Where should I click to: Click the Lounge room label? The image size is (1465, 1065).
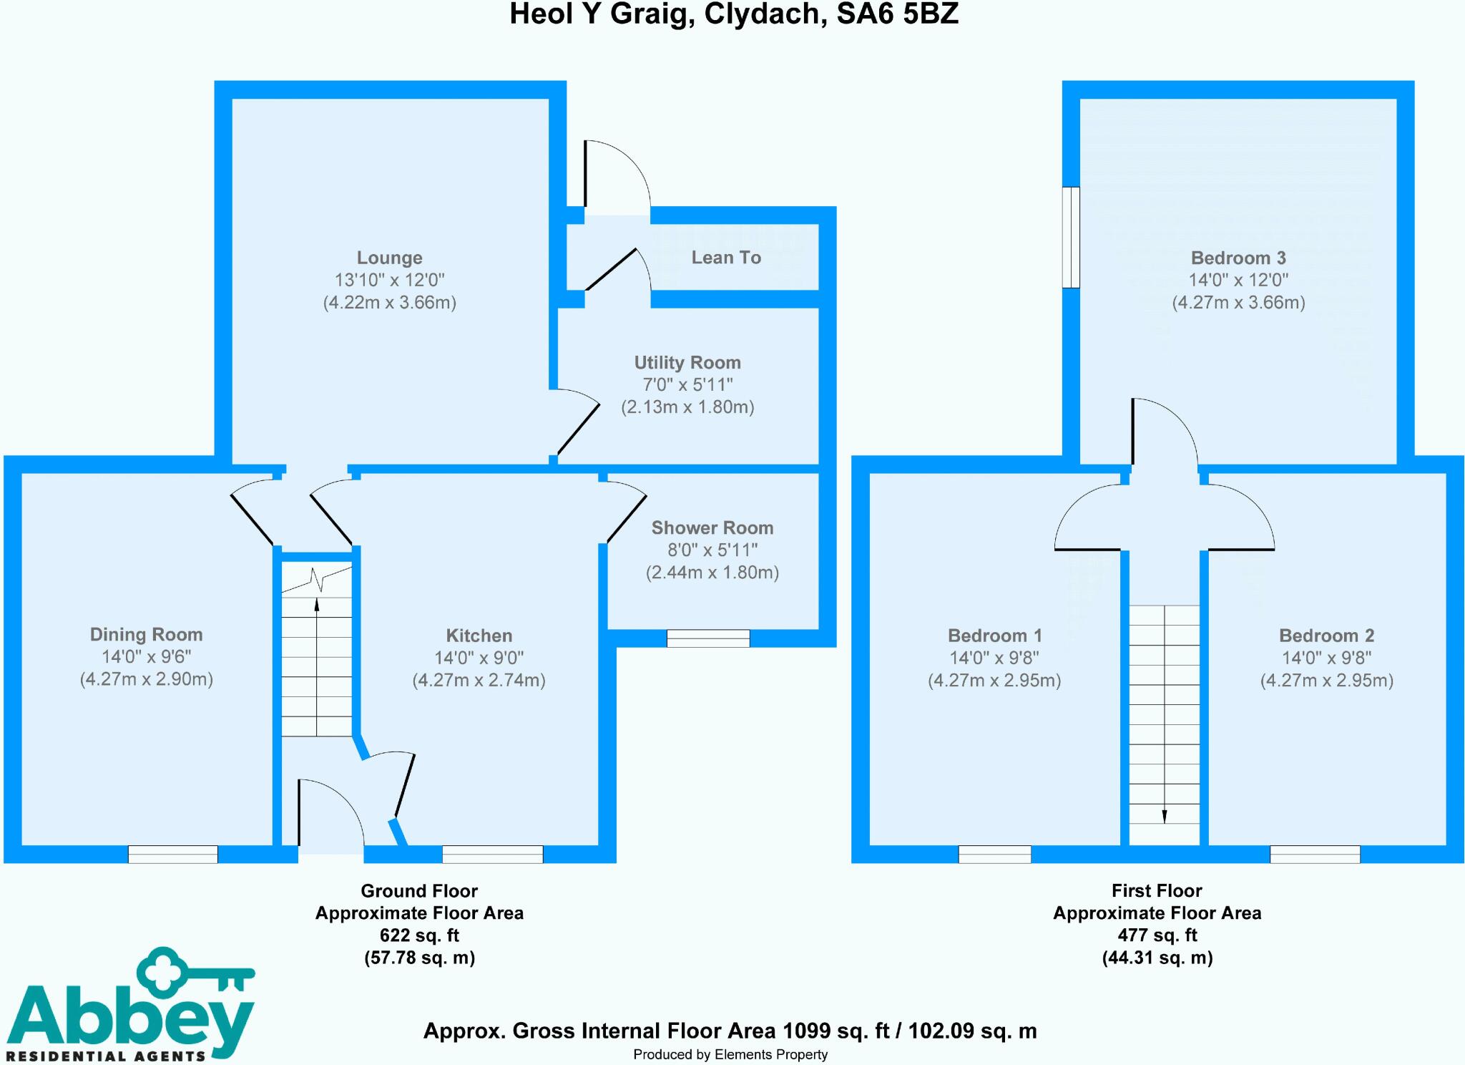[389, 258]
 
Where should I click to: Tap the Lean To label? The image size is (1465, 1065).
[725, 258]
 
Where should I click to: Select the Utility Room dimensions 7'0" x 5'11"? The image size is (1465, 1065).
[687, 385]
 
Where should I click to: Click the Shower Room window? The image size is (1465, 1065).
[708, 638]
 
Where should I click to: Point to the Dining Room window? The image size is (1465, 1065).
[173, 854]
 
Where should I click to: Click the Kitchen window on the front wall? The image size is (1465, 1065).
[492, 854]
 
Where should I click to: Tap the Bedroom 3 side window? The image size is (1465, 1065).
[1070, 238]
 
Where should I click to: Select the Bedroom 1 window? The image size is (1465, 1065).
[994, 854]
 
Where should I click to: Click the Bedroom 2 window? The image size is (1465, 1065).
[1315, 854]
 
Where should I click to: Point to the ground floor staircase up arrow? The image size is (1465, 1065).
[317, 605]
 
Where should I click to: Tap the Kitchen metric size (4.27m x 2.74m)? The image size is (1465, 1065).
[479, 680]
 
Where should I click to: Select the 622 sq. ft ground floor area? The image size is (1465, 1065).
[419, 935]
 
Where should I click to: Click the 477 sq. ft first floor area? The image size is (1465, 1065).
[1157, 935]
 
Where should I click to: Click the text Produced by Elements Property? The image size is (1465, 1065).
[730, 1054]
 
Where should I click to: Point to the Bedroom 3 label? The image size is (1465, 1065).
[1238, 258]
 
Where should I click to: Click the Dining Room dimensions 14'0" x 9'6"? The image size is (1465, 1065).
[146, 657]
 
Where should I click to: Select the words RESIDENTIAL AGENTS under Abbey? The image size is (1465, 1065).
[110, 1056]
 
